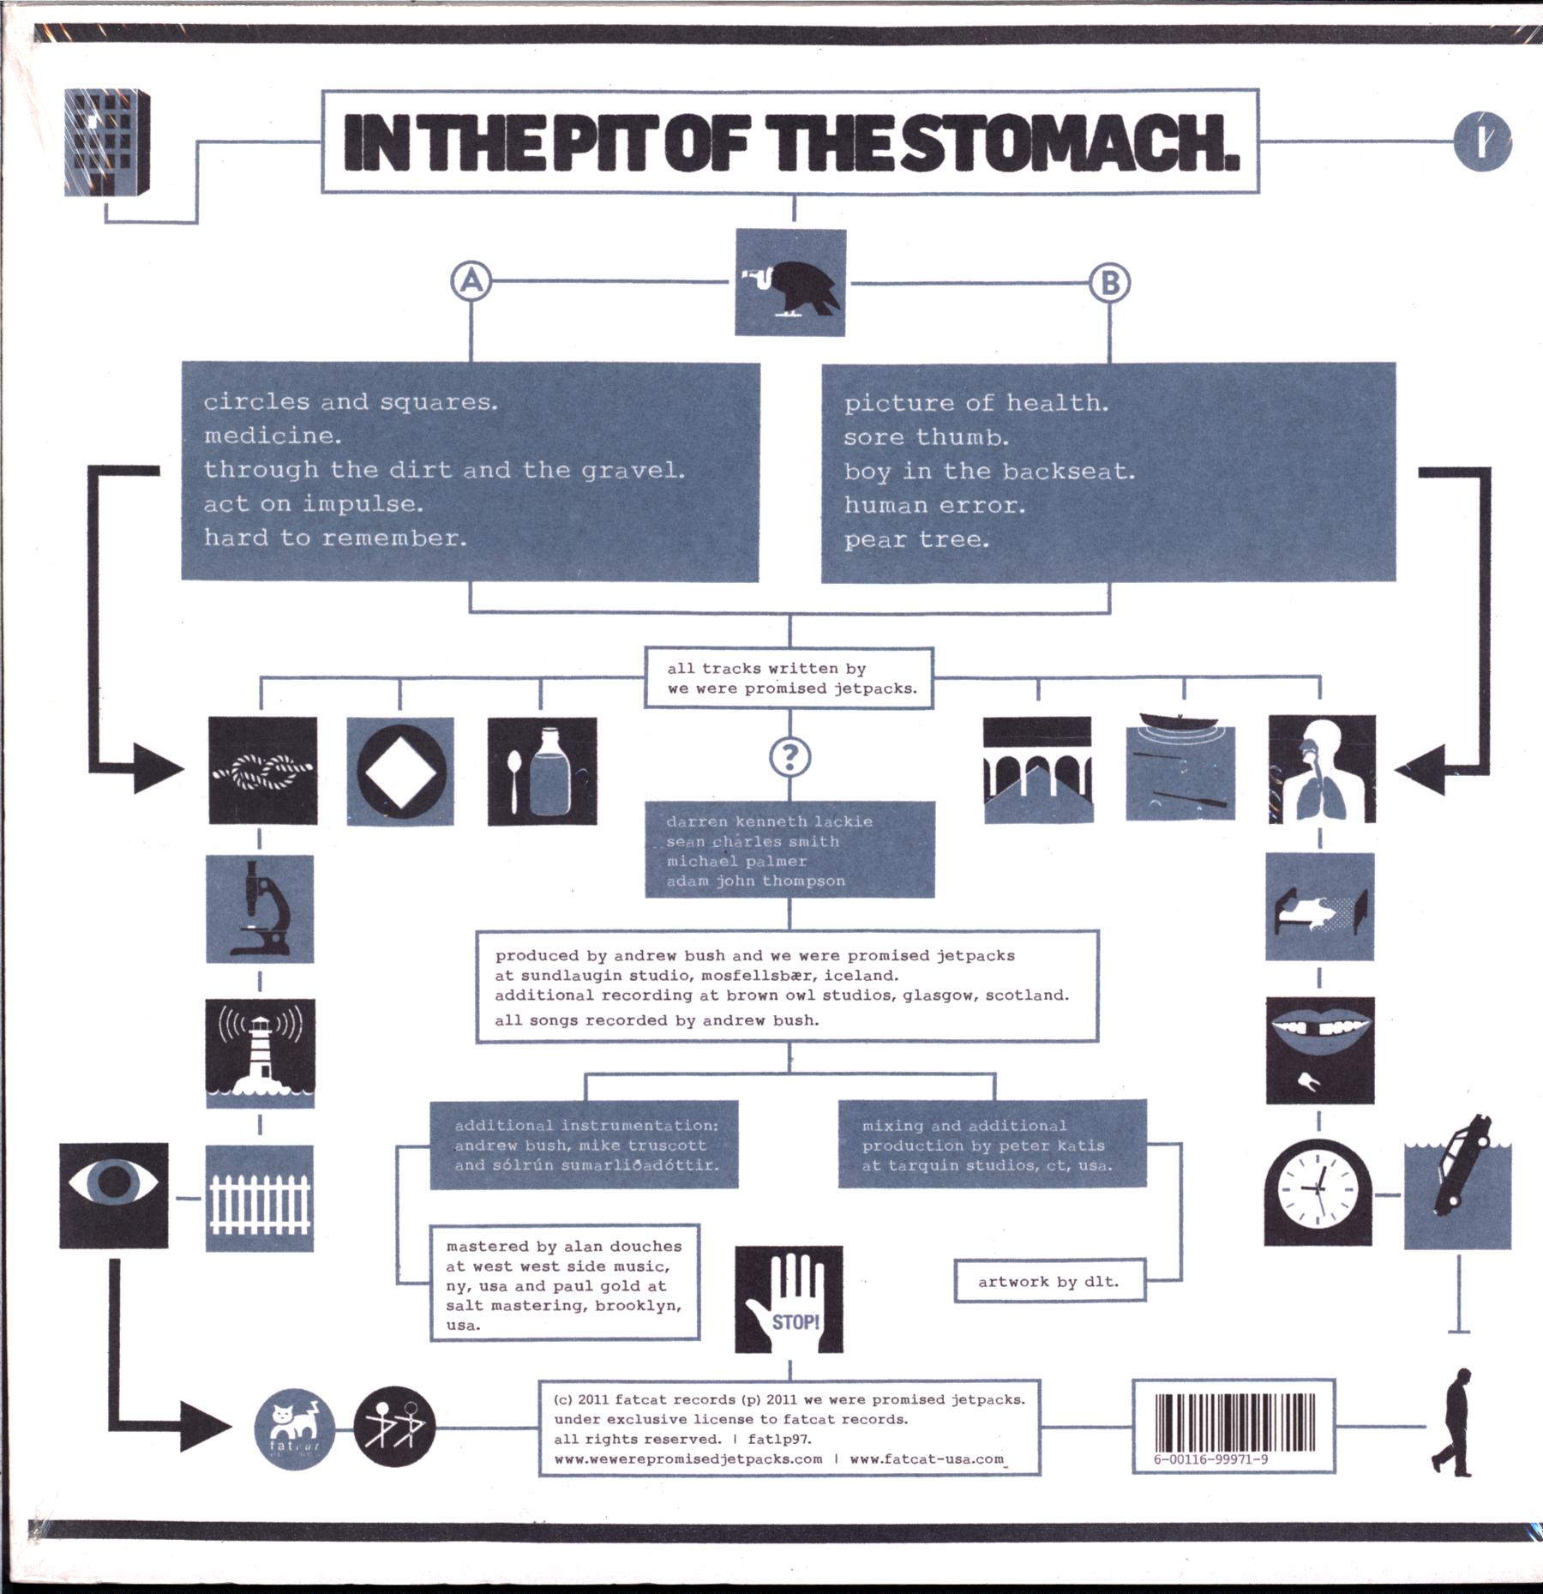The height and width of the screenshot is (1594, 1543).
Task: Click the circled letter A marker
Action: [x=471, y=281]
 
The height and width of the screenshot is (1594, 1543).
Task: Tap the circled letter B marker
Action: [x=1109, y=282]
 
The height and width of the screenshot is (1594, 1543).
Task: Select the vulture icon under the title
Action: [x=790, y=282]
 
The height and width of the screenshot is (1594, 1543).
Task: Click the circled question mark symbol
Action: [x=790, y=757]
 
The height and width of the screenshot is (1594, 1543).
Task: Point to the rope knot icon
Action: [x=263, y=770]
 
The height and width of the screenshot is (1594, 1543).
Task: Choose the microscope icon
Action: [x=260, y=909]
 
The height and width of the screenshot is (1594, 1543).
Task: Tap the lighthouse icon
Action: [x=260, y=1053]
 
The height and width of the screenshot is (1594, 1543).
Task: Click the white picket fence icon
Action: [x=260, y=1198]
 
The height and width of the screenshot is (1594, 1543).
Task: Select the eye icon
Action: [x=114, y=1195]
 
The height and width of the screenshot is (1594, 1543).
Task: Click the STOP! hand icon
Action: [x=789, y=1299]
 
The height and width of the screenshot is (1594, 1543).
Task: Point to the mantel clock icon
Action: [x=1318, y=1192]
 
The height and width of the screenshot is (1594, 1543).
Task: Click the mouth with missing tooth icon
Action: [x=1320, y=1050]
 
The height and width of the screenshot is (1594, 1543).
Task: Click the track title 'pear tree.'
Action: [x=916, y=539]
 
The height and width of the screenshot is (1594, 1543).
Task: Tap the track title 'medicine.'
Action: [x=273, y=436]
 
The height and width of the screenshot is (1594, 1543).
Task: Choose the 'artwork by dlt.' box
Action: [x=1050, y=1281]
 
